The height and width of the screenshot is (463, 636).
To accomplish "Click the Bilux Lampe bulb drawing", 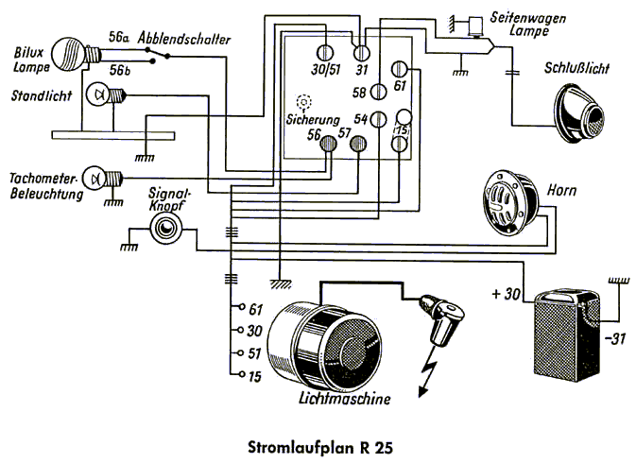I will click(x=71, y=51).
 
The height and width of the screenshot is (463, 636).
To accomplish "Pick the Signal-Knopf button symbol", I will click(x=168, y=227).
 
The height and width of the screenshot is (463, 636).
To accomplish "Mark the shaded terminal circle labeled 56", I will click(x=327, y=145).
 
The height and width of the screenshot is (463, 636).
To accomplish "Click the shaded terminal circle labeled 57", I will click(x=358, y=145).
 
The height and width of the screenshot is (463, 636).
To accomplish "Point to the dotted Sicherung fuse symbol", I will click(x=303, y=101).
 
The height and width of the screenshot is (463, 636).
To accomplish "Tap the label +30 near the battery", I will click(x=507, y=294).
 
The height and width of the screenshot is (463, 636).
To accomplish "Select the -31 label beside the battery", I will click(x=613, y=337).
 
